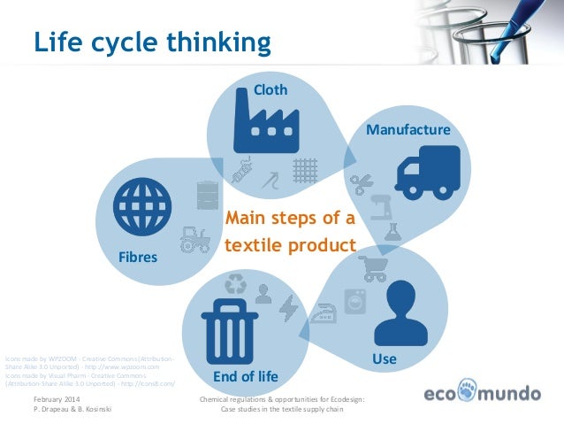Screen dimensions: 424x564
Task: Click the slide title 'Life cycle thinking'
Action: coord(151,42)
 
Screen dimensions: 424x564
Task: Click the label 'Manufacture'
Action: coord(408,130)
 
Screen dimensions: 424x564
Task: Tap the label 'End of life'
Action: coord(246,376)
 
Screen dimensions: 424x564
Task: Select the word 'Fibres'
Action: coord(137,258)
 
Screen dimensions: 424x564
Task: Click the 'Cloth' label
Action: coord(271,89)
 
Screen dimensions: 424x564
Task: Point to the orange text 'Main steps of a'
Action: coord(290,218)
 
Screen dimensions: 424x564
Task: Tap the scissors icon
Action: coord(359,183)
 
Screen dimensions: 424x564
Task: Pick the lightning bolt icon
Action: coord(288,306)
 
